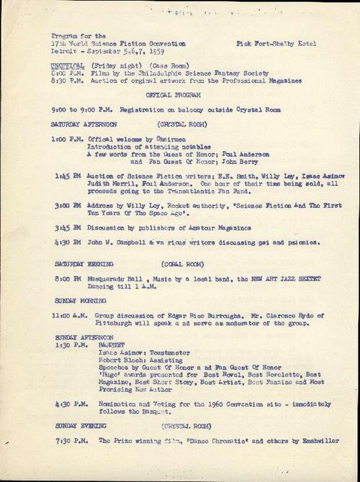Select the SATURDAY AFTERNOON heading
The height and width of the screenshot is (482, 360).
[82, 123]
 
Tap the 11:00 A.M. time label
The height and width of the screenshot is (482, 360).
[67, 315]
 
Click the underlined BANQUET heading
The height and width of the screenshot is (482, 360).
[112, 345]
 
